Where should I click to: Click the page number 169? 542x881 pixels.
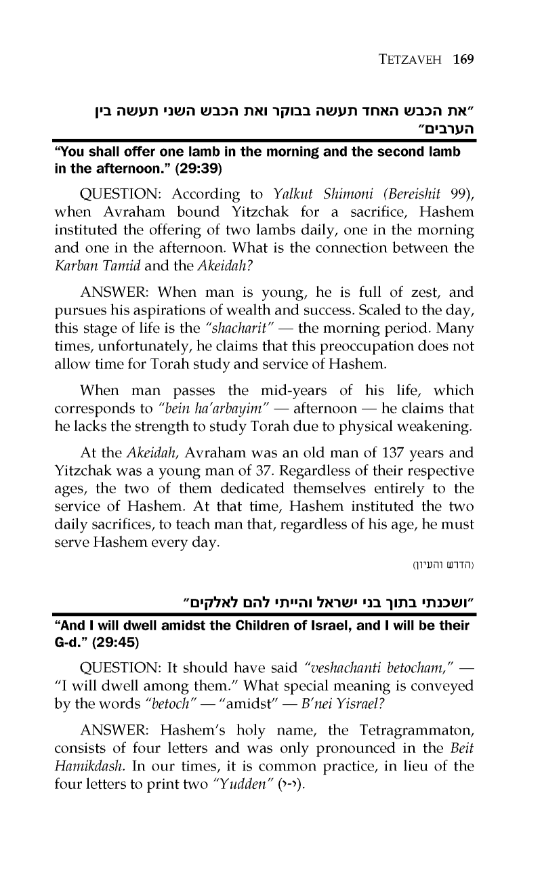click(x=463, y=59)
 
